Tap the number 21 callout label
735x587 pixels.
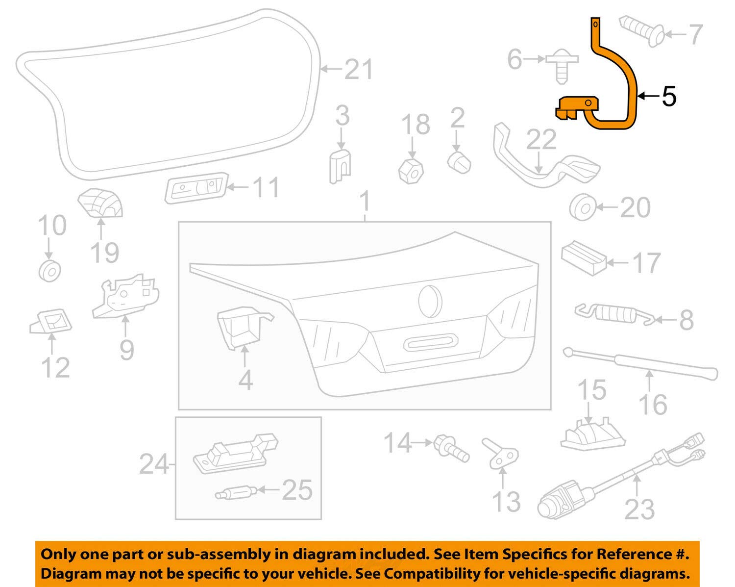[359, 69]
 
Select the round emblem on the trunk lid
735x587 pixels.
[430, 300]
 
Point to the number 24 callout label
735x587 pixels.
[153, 463]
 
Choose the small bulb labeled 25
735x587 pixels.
[233, 491]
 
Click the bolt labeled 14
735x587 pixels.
[450, 447]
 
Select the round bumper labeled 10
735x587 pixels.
[50, 270]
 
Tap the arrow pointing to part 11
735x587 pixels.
[240, 187]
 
